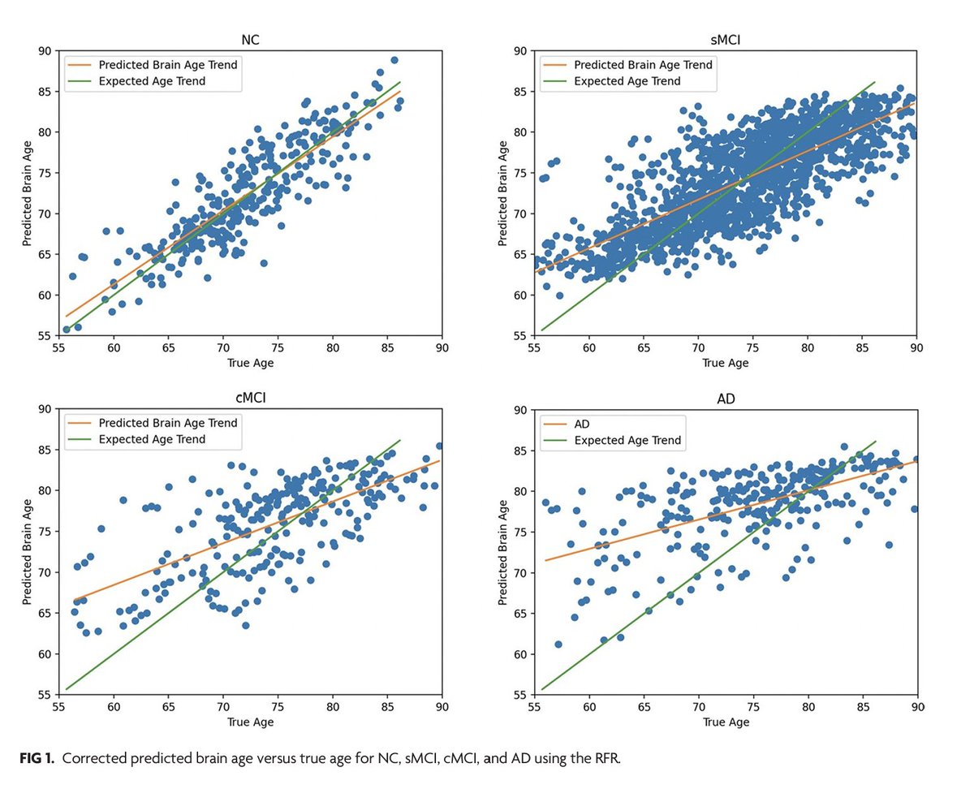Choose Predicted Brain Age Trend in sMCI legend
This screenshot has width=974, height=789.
tap(643, 64)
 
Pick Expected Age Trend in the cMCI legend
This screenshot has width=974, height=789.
tap(152, 439)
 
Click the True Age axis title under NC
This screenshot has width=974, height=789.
tap(250, 363)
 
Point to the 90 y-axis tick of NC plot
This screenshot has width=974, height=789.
tap(45, 50)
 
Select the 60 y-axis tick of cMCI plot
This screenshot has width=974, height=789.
tap(45, 654)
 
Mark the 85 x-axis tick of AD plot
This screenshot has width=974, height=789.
tap(863, 705)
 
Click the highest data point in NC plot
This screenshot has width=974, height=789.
tap(394, 60)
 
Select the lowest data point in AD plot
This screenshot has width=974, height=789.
tap(558, 645)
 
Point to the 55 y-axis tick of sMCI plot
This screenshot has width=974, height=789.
tap(519, 334)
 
